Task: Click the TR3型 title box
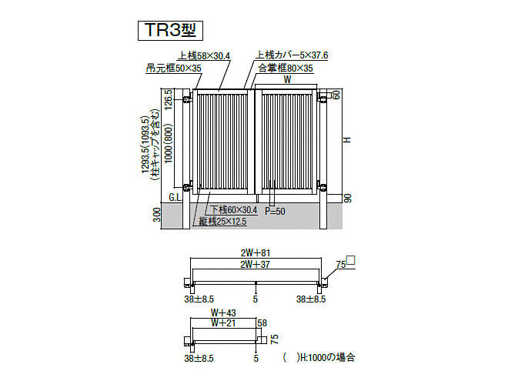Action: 170,31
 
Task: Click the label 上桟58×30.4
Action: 204,55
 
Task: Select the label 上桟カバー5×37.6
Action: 292,55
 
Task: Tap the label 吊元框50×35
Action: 174,68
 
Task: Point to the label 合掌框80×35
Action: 286,68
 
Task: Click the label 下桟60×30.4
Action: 234,210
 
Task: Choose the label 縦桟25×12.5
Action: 222,222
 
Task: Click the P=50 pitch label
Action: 275,211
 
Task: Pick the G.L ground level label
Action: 175,197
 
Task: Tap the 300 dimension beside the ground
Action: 157,215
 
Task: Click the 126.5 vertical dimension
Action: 169,100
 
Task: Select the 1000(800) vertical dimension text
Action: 169,144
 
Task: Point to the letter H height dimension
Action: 347,139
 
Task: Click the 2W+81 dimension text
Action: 256,252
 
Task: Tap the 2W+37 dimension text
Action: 256,264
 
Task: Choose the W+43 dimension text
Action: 223,312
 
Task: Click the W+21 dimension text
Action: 223,323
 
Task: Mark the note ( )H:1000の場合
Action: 319,357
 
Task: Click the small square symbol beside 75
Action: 351,260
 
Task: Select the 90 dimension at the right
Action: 348,199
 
